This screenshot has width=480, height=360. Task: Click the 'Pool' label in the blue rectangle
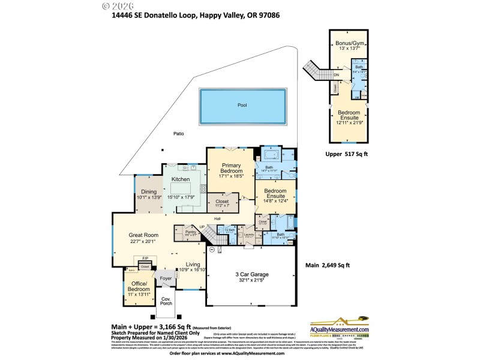(x=242, y=105)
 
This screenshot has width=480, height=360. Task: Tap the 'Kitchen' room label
(x=181, y=179)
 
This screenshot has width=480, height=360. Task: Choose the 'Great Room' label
(x=143, y=235)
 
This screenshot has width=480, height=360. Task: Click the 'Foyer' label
(x=166, y=278)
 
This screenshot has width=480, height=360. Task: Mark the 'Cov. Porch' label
(x=166, y=301)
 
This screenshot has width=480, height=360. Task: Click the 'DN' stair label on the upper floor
(x=336, y=75)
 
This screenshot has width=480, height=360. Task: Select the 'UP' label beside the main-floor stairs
(x=202, y=227)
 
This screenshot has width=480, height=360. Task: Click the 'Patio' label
(x=179, y=133)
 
